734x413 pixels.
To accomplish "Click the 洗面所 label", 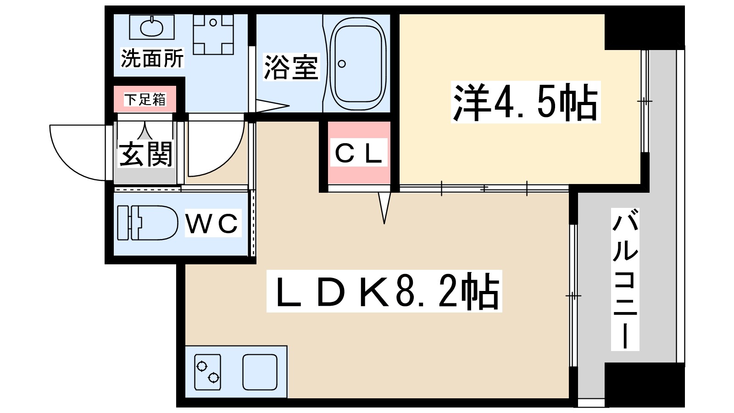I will [152, 58].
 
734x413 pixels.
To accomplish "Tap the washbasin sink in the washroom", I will [151, 27].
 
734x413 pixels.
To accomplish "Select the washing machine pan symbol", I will [213, 34].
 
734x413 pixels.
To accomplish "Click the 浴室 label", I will [291, 67].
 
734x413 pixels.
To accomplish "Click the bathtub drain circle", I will [342, 64].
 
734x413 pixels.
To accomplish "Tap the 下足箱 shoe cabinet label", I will [145, 99].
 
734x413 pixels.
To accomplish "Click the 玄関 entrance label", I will [145, 154].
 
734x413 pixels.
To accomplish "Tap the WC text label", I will [213, 223].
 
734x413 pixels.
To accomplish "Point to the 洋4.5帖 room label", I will [525, 102].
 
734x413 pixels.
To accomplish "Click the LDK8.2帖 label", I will [384, 291].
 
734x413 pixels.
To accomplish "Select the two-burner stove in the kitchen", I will [207, 372].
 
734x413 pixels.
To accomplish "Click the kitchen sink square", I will [260, 372].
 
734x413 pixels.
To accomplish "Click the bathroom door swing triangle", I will [271, 106].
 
